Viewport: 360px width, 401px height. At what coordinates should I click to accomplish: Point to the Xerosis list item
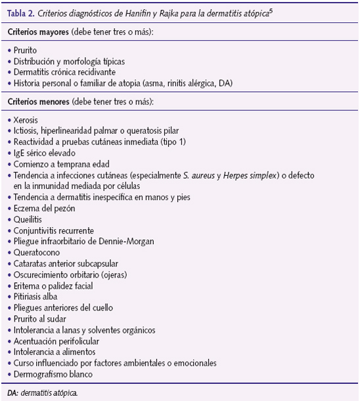26,121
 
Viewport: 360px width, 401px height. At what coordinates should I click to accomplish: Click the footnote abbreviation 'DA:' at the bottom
12,392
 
